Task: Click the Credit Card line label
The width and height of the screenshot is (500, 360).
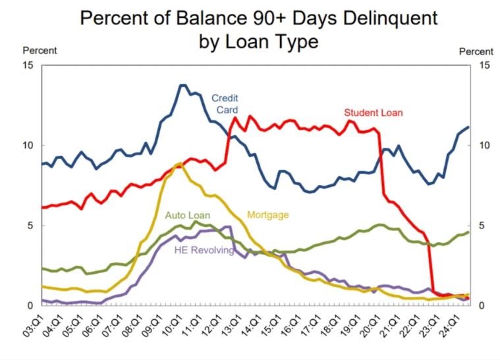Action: (x=224, y=104)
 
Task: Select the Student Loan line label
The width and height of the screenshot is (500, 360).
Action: (x=373, y=113)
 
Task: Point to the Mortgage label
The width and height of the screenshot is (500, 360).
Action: (x=267, y=215)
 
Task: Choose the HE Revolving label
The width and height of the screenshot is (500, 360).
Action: (x=204, y=250)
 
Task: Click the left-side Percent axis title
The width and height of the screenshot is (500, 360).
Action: (x=40, y=51)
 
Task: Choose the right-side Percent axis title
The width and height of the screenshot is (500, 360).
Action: (x=476, y=51)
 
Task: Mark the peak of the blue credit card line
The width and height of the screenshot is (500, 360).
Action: (x=182, y=85)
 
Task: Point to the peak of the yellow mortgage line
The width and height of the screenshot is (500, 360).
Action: (x=180, y=163)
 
